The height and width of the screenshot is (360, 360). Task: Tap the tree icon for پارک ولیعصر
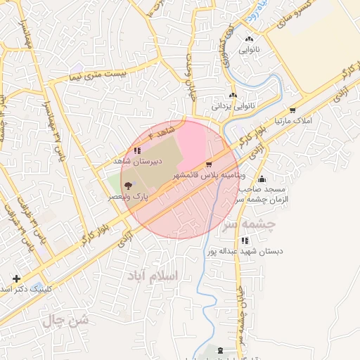tap(127, 185)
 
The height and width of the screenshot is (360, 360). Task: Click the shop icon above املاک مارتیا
tap(292, 110)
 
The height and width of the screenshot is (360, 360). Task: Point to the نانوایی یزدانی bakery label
tap(232, 106)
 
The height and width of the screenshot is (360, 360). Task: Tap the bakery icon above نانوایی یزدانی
tap(233, 95)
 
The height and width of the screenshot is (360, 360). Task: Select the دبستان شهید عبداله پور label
tap(244, 250)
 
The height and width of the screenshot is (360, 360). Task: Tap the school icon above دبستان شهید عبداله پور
tap(244, 240)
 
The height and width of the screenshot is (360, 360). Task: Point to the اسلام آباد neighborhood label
tap(152, 275)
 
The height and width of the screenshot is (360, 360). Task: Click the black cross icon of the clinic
tap(16, 279)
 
